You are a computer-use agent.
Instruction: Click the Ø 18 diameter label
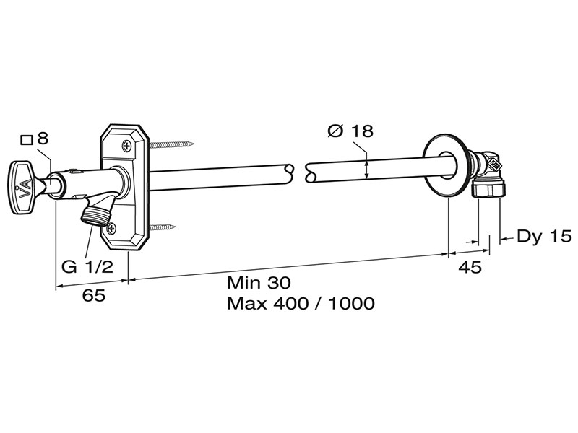[x=350, y=131]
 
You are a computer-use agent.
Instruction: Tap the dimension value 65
[x=94, y=295]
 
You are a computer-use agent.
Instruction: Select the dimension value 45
[x=470, y=267]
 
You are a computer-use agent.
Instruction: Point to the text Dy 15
[x=544, y=236]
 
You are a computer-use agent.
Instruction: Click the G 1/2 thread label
[x=87, y=266]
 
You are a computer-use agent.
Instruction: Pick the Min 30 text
[x=259, y=282]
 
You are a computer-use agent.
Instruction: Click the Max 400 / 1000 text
[x=301, y=303]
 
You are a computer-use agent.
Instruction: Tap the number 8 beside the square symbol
[x=43, y=139]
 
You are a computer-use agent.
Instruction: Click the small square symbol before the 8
[x=27, y=140]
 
